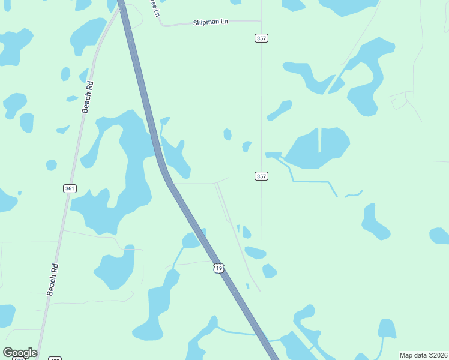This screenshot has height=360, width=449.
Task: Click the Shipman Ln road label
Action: click(x=211, y=22)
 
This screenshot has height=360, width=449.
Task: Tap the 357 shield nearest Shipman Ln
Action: click(x=261, y=38)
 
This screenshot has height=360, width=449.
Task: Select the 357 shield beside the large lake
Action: click(x=261, y=176)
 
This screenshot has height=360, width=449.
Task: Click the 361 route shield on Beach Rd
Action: click(x=70, y=188)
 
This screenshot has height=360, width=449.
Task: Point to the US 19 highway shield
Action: click(x=218, y=268)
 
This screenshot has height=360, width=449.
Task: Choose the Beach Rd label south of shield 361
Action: click(x=53, y=279)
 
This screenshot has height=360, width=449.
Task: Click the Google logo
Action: click(x=20, y=353)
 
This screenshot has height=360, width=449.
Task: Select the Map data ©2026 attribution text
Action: click(x=423, y=355)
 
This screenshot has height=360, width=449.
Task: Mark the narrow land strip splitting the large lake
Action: click(x=319, y=140)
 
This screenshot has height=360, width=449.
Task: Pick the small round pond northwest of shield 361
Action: click(x=51, y=164)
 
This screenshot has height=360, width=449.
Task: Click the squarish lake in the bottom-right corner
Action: click(x=387, y=329)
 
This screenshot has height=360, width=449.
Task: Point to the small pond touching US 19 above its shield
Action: click(x=192, y=241)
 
